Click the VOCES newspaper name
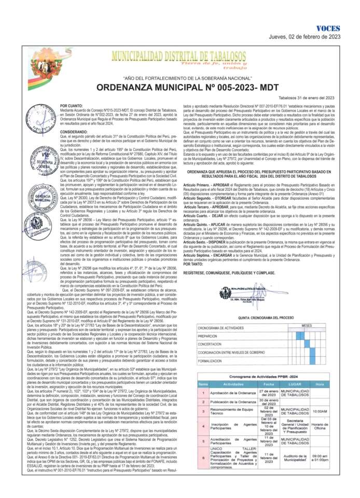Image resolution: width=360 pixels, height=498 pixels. click(328, 28)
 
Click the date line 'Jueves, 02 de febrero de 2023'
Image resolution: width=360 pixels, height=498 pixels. click(304, 37)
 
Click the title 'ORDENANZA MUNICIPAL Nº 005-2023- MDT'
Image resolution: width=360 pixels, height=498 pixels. click(179, 88)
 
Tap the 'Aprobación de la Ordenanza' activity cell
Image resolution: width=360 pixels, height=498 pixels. click(233, 393)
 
